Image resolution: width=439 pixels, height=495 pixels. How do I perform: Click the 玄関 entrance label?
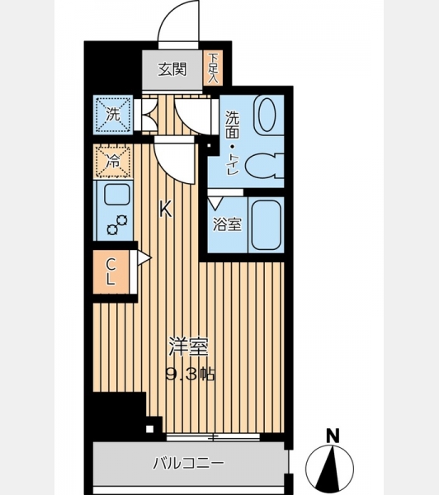(x=172, y=69)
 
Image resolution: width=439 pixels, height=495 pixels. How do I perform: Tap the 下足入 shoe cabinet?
(x=213, y=68)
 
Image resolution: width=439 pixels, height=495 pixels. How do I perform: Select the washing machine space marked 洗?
(x=113, y=115)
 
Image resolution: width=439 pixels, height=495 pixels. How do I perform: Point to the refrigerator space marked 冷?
(x=113, y=162)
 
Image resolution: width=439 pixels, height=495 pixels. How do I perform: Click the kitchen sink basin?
(x=117, y=194)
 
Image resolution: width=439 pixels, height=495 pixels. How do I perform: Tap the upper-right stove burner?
(x=122, y=220)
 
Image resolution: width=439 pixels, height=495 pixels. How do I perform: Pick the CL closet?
(x=111, y=271)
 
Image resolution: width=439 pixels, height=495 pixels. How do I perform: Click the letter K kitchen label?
(x=165, y=209)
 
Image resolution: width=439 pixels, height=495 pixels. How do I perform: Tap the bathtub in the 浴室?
(x=267, y=224)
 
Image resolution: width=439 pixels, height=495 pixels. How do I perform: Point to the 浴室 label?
(x=228, y=224)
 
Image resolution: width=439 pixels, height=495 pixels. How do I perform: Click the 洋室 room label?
(x=189, y=346)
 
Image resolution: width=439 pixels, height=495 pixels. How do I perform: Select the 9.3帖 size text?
(x=191, y=375)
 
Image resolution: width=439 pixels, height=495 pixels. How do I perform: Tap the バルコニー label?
(x=188, y=463)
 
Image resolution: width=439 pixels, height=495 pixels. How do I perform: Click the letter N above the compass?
(x=333, y=436)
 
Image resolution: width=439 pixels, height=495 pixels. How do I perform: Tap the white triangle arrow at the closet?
(x=144, y=258)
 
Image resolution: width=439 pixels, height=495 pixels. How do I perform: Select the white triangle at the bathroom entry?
(x=216, y=203)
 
